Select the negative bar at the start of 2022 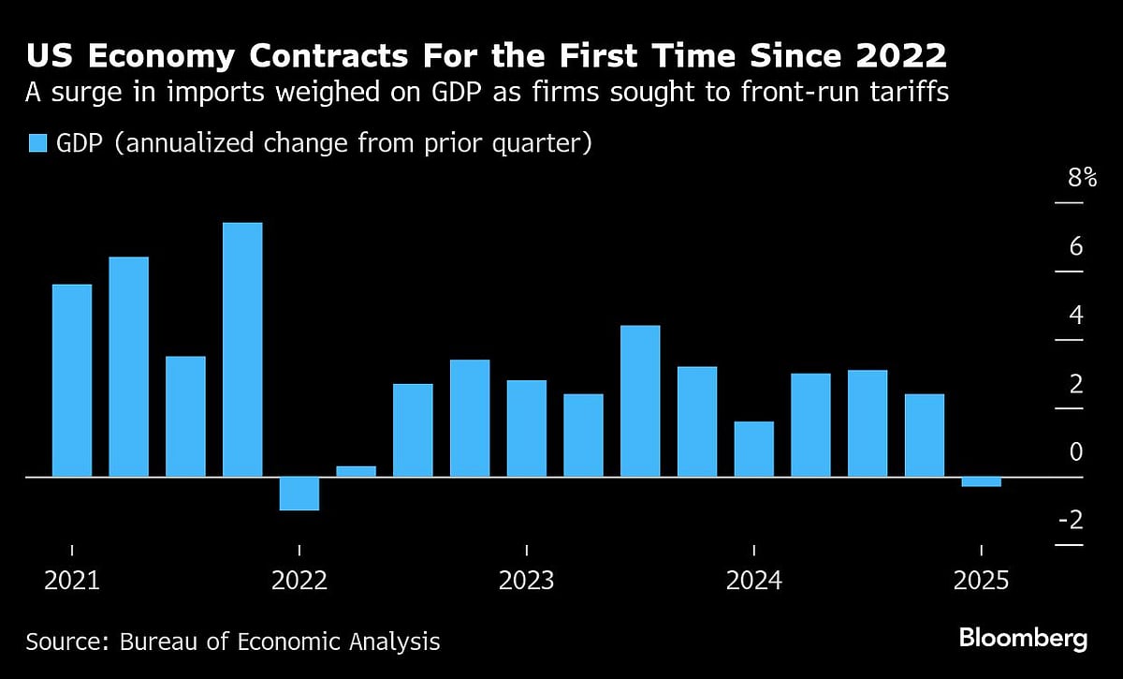pyautogui.click(x=299, y=494)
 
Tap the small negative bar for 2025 pyautogui.click(x=981, y=481)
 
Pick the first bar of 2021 pyautogui.click(x=72, y=380)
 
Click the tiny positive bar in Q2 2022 pyautogui.click(x=356, y=471)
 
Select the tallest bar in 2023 pyautogui.click(x=640, y=401)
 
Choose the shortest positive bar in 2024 pyautogui.click(x=753, y=449)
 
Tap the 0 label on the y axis pyautogui.click(x=1076, y=451)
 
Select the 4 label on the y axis pyautogui.click(x=1076, y=315)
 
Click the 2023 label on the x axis pyautogui.click(x=526, y=581)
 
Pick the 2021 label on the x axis pyautogui.click(x=72, y=581)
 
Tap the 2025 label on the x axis pyautogui.click(x=981, y=581)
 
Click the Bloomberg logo pyautogui.click(x=1023, y=639)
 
